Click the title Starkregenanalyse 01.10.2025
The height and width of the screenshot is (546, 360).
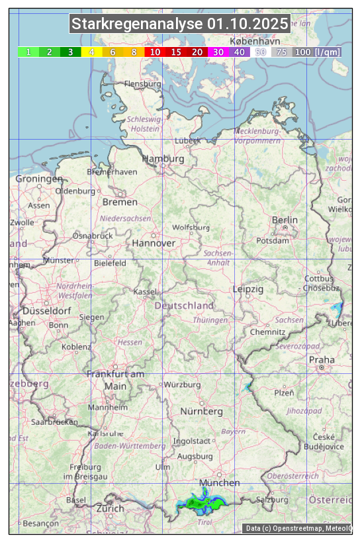tap(180, 24)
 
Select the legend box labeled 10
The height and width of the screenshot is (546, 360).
tap(155, 52)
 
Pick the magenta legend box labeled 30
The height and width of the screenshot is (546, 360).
tap(218, 52)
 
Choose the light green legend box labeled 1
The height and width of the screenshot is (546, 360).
tap(28, 52)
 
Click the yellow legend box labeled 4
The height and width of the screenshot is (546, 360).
tap(92, 52)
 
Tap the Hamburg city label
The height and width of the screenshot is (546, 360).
tap(163, 159)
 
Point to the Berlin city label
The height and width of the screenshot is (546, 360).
tap(285, 220)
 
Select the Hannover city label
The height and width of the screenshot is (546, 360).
tap(154, 243)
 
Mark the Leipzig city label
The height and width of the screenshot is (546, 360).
tap(248, 289)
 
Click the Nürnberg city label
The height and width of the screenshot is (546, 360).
tap(202, 411)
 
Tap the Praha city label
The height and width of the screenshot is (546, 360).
tap(322, 359)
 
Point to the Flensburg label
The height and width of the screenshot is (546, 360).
tap(142, 84)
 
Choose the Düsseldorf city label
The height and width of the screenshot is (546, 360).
tap(46, 310)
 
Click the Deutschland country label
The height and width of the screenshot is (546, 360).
tap(184, 305)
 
